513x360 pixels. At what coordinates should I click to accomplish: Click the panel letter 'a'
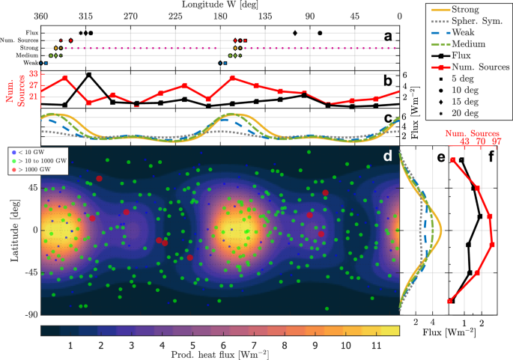click(387, 35)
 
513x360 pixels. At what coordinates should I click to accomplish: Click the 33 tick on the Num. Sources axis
click(34, 74)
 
